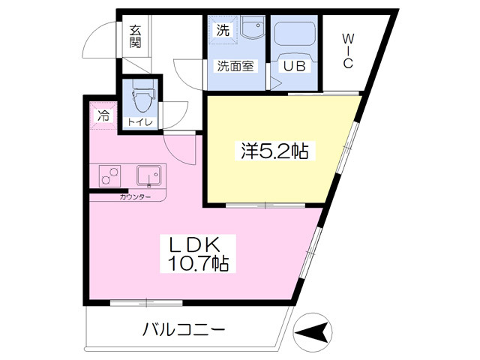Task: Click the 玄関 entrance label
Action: [135, 37]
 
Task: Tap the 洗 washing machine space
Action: [223, 30]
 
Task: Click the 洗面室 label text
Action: [235, 66]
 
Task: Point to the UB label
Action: [294, 66]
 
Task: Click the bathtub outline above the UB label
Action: [295, 34]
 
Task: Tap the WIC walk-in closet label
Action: [348, 51]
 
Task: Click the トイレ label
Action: [140, 123]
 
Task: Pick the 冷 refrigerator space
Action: [103, 115]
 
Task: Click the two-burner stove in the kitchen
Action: [109, 176]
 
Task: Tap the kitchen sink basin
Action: [148, 175]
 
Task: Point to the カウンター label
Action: [135, 196]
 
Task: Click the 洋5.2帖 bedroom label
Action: [274, 151]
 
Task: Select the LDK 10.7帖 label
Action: [198, 253]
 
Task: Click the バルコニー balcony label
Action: [184, 330]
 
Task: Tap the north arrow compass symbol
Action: [313, 331]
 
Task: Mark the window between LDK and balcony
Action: [146, 303]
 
